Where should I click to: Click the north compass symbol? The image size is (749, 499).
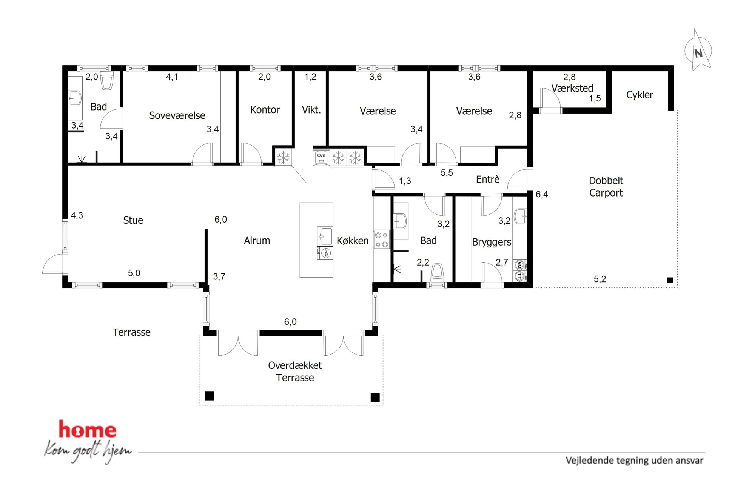(x=698, y=51)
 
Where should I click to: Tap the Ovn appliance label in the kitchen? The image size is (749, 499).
(x=321, y=155)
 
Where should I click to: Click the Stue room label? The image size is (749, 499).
(x=133, y=220)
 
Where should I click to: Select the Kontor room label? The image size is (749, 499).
(x=265, y=110)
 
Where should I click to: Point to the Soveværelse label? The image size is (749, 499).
(x=177, y=115)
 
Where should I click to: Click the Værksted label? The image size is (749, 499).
(x=572, y=88)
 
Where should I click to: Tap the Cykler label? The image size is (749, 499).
(x=640, y=95)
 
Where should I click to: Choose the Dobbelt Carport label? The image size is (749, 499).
(x=606, y=187)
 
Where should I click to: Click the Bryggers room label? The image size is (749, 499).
(x=492, y=242)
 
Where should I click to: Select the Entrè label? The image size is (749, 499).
(x=488, y=180)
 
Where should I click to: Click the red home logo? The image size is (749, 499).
(x=88, y=430)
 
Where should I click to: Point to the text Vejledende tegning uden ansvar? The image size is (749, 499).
(x=634, y=461)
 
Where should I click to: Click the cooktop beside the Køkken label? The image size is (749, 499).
(x=382, y=240)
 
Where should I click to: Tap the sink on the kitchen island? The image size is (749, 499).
(x=325, y=236)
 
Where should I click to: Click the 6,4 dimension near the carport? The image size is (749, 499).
(x=542, y=194)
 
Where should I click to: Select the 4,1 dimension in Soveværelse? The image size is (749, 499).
(x=172, y=77)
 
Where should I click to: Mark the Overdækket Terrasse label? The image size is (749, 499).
(x=295, y=372)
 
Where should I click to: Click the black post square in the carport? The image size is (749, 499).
(x=670, y=280)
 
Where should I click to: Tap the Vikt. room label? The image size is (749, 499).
(x=311, y=110)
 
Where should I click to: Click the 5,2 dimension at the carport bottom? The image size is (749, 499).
(x=600, y=279)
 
